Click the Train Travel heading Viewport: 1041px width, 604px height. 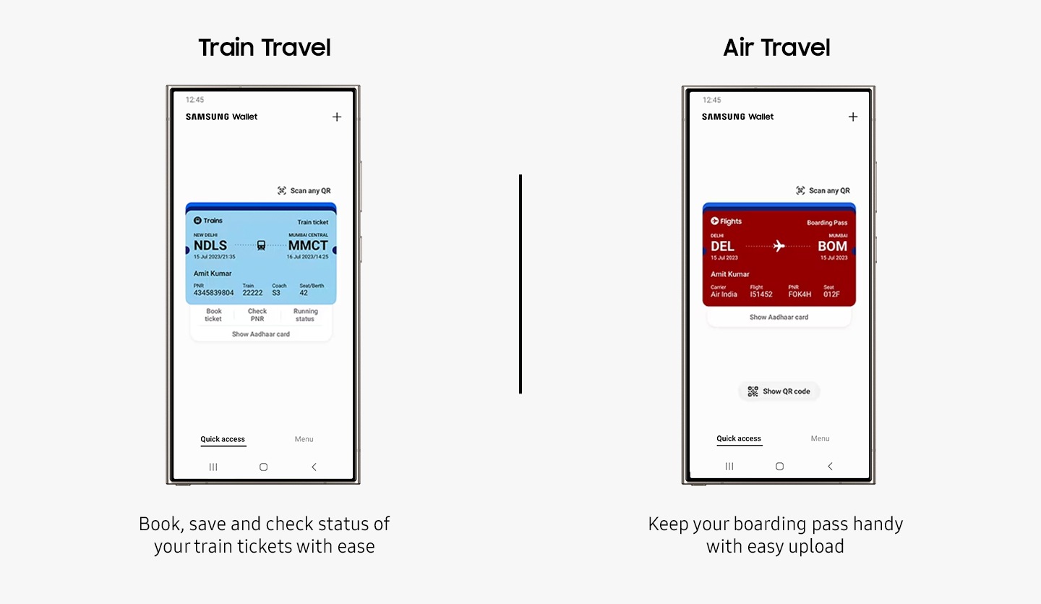pos(265,48)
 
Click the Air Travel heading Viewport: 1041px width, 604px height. pos(776,48)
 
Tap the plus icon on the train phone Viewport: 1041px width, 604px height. pos(337,116)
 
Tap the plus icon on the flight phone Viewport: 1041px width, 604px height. pos(853,116)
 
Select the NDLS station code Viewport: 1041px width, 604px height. pos(210,245)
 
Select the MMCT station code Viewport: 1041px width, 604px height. pos(308,245)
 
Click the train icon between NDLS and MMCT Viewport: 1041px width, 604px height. pos(261,245)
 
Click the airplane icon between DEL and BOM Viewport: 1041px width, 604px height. pos(779,245)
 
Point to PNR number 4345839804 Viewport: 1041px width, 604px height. pos(213,292)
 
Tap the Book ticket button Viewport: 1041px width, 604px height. pos(213,315)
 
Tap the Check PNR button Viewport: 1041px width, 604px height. pos(257,315)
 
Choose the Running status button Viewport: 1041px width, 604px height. pos(305,315)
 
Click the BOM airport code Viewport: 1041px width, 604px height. pos(832,246)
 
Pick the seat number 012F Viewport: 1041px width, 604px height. pos(831,294)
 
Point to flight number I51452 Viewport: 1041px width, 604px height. pos(761,294)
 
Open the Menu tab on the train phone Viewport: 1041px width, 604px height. pos(304,439)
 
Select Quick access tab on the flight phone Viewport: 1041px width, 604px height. pos(739,438)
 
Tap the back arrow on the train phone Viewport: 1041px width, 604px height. pos(314,467)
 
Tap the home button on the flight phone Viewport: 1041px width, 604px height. pos(779,467)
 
